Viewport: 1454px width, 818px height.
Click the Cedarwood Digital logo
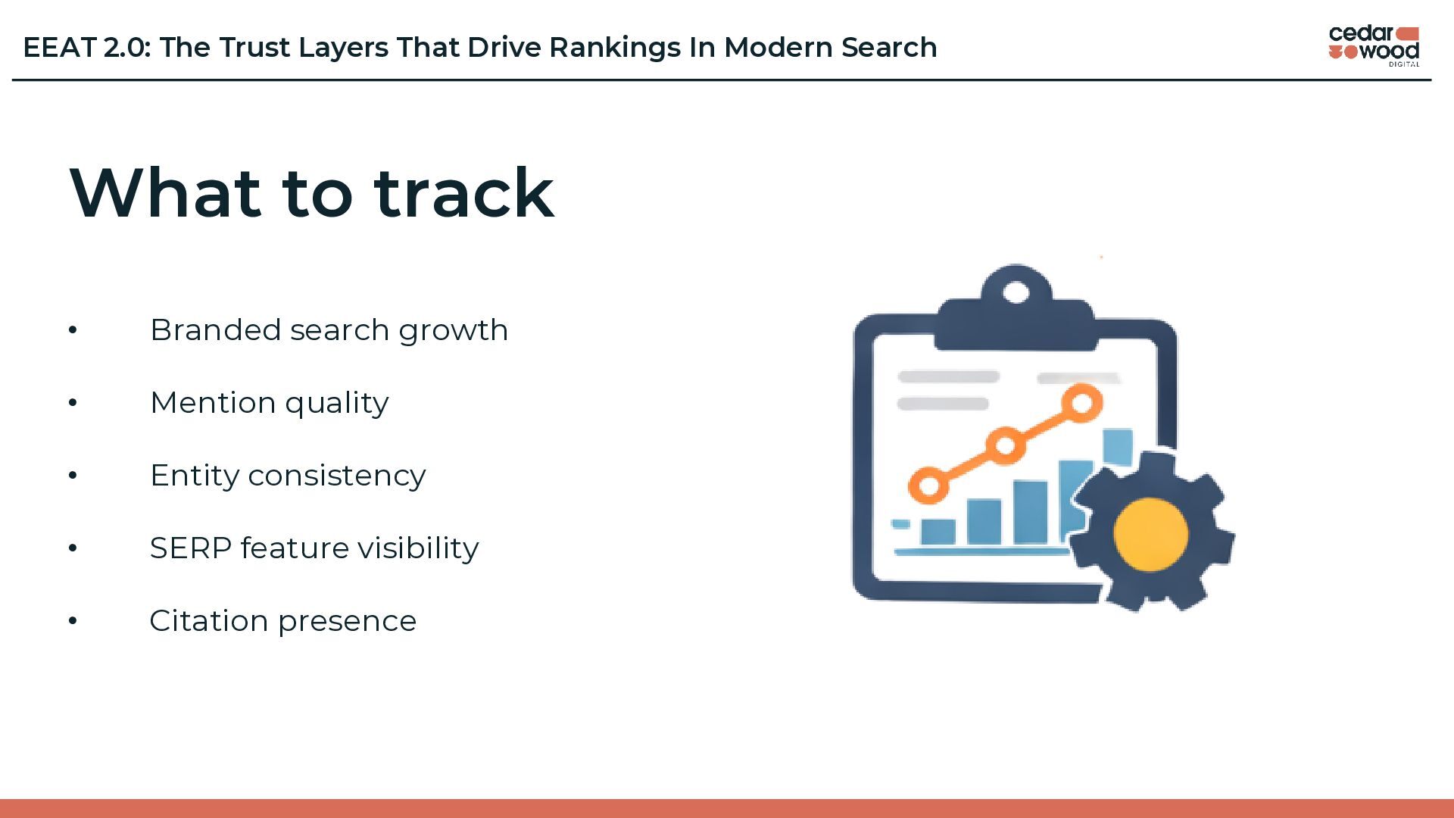pyautogui.click(x=1374, y=46)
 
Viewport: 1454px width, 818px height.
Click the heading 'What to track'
pyautogui.click(x=311, y=192)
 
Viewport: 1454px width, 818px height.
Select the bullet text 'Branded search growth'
pyautogui.click(x=329, y=330)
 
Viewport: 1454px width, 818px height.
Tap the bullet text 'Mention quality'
pyautogui.click(x=269, y=403)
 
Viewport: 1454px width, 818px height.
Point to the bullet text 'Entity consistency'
pyautogui.click(x=288, y=476)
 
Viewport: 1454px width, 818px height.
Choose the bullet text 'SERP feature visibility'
pyautogui.click(x=314, y=548)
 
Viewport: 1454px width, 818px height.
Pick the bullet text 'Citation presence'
pyautogui.click(x=282, y=621)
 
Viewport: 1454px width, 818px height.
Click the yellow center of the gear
pyautogui.click(x=1150, y=534)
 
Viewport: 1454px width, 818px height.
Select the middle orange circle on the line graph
pyautogui.click(x=1005, y=445)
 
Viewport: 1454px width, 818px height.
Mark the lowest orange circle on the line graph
pyautogui.click(x=928, y=485)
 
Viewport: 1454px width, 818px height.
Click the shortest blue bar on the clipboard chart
pyautogui.click(x=938, y=532)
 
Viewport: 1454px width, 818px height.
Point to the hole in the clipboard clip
pyautogui.click(x=1016, y=292)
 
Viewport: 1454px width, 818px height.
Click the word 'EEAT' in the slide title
pyautogui.click(x=60, y=48)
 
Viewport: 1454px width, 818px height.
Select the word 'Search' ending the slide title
pyautogui.click(x=889, y=48)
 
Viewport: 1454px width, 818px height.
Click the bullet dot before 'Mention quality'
pyautogui.click(x=73, y=403)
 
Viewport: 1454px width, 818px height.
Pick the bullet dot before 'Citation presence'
pyautogui.click(x=73, y=621)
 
